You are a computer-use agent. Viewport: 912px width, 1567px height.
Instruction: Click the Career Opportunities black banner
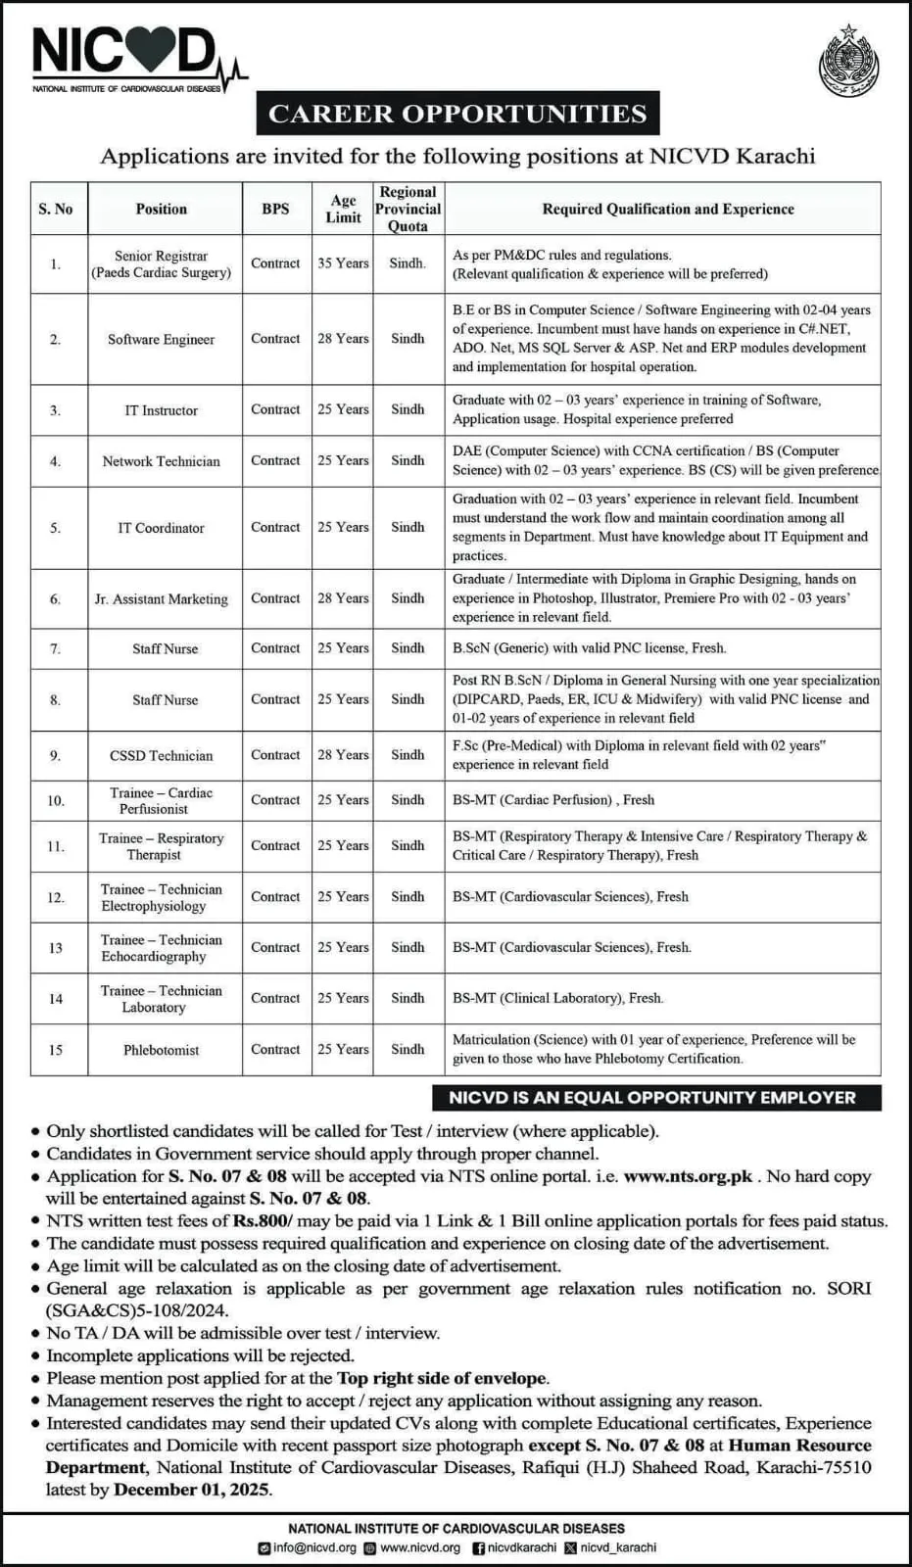[x=457, y=114]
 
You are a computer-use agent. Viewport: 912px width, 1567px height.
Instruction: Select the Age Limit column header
[x=343, y=209]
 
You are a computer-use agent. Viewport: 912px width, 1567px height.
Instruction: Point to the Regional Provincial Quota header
[x=408, y=209]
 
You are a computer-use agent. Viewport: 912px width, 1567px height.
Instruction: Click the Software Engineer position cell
[x=161, y=339]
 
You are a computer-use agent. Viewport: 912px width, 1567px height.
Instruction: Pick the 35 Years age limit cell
[x=343, y=263]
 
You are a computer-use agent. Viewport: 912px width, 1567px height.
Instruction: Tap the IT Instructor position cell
[x=161, y=410]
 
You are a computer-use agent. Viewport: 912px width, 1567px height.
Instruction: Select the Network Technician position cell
[x=161, y=461]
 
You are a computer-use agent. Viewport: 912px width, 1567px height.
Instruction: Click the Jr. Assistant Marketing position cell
[x=161, y=598]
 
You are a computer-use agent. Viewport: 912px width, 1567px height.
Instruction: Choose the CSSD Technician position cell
[x=161, y=755]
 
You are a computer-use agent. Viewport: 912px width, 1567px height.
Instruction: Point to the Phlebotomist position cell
[x=161, y=1050]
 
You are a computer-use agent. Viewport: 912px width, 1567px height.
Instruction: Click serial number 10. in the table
[x=56, y=801]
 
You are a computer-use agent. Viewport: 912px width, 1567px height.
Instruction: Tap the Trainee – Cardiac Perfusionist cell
[x=161, y=800]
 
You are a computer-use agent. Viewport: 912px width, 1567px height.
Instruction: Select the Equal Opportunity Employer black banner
[x=652, y=1098]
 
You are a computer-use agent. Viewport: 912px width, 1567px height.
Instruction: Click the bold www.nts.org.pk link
[x=688, y=1176]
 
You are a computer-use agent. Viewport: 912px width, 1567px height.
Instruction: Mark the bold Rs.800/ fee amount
[x=263, y=1221]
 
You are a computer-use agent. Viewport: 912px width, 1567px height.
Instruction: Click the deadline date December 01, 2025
[x=192, y=1490]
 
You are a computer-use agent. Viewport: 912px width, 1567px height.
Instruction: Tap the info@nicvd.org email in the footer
[x=313, y=1548]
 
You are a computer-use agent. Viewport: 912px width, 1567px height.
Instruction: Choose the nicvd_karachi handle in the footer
[x=617, y=1548]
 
